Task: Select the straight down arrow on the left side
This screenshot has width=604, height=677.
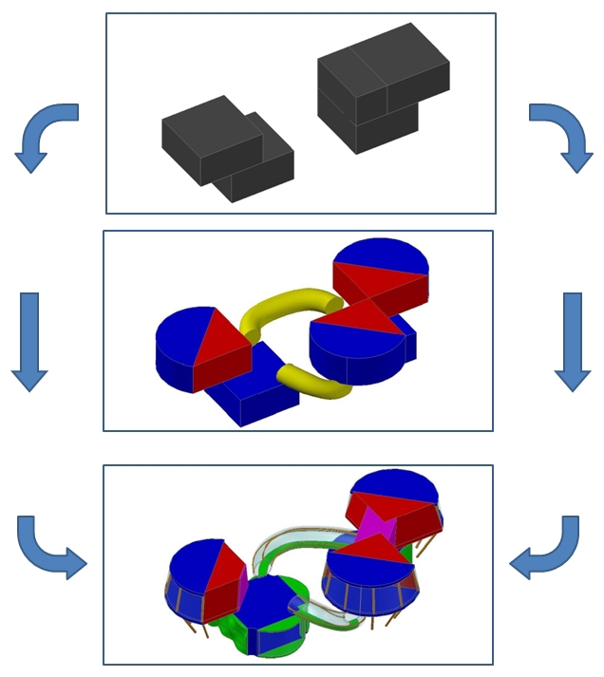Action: click(30, 341)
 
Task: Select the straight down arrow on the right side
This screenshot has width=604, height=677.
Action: click(572, 341)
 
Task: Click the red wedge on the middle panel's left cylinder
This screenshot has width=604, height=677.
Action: click(221, 347)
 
